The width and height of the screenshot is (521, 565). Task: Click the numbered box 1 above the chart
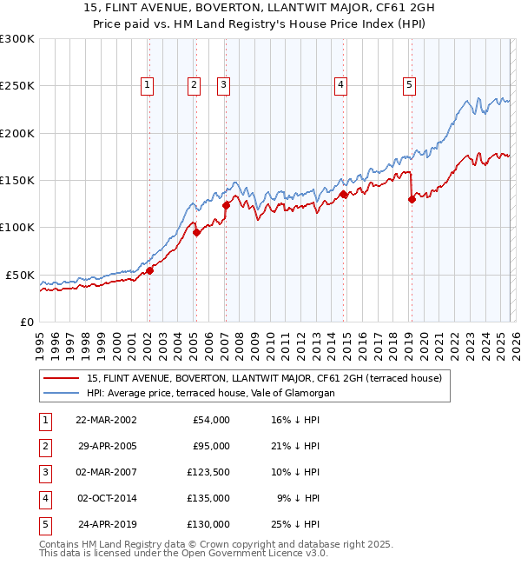click(148, 85)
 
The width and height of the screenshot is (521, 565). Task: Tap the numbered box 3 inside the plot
click(223, 85)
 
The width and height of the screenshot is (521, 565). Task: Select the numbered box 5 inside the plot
click(409, 85)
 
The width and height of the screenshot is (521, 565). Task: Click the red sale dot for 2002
click(149, 270)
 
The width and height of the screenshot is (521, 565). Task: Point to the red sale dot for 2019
click(412, 199)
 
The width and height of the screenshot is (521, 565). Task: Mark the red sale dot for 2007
click(226, 205)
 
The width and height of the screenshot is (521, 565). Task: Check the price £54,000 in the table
click(209, 419)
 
